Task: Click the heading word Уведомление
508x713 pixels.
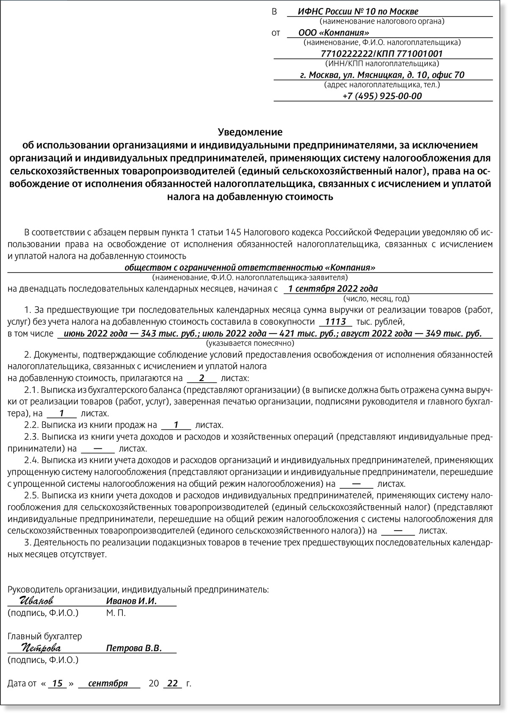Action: click(250, 132)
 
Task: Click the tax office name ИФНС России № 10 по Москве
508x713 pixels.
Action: click(358, 11)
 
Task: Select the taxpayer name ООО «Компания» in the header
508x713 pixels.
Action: click(334, 33)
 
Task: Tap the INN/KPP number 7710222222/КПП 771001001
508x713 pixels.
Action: click(382, 54)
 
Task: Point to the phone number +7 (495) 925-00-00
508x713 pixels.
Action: click(382, 96)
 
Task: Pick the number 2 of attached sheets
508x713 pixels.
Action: click(202, 378)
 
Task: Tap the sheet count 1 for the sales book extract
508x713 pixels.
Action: click(177, 425)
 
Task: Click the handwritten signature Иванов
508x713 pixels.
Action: click(37, 601)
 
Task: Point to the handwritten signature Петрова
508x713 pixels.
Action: click(41, 648)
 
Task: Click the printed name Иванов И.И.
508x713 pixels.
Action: click(131, 601)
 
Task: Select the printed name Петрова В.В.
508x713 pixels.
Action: click(134, 648)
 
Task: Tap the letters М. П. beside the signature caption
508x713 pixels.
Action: click(116, 613)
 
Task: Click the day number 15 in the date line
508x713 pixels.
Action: click(57, 683)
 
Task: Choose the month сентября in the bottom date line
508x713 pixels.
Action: click(108, 683)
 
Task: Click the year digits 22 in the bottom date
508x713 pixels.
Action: click(173, 683)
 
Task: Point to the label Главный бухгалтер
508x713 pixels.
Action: click(45, 636)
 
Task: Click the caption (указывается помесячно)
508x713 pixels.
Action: click(250, 343)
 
